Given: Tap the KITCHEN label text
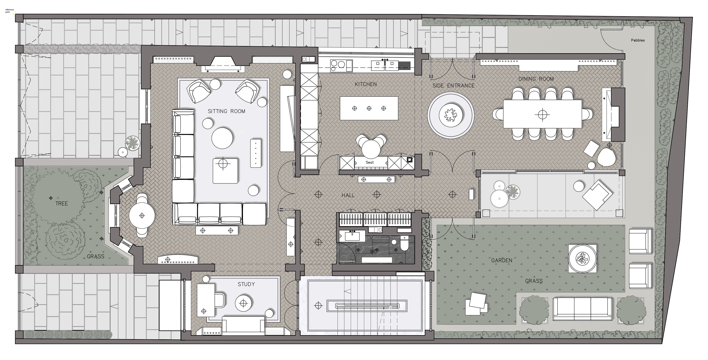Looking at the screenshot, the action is pos(366,84).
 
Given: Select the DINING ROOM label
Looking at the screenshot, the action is pos(536,79).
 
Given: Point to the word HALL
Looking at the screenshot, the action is pos(348,195).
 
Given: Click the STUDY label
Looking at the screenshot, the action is pos(246,284).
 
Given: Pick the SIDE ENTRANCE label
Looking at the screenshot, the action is pos(453,85).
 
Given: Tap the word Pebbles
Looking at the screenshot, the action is pos(638,40).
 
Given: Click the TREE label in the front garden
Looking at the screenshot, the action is pos(62,203).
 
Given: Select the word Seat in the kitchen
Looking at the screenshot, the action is pos(370,162).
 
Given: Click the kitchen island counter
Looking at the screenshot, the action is pos(369,108).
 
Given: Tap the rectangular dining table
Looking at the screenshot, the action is pos(543,114).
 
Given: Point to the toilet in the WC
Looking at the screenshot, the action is pos(404,243).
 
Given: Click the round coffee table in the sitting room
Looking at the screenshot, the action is pos(222,138).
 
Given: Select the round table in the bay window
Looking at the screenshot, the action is pos(142,216).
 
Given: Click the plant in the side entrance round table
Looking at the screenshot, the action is pos(450,115).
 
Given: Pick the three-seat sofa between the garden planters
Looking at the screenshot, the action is pos(582,309).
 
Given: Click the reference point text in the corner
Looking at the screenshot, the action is pos(9,11).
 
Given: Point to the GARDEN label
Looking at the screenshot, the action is pos(502,260).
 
